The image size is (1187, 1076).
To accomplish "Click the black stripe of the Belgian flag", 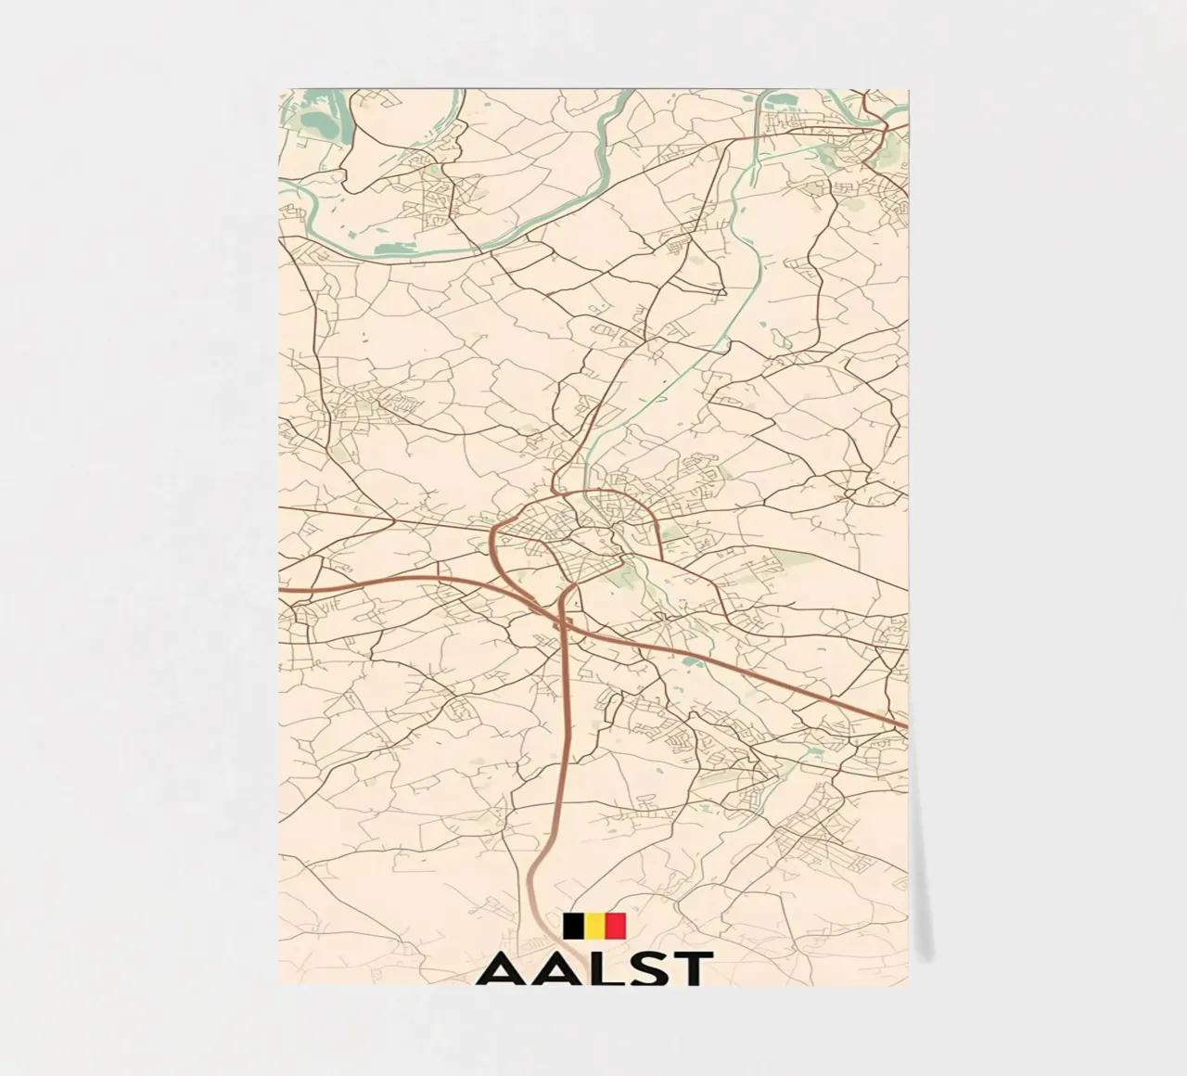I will click(x=573, y=926).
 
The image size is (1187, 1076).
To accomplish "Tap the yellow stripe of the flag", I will click(x=594, y=926).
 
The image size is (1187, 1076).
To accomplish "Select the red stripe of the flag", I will click(x=616, y=926).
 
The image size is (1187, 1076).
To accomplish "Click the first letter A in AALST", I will click(x=506, y=968).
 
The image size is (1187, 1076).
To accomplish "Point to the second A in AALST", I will click(x=560, y=968).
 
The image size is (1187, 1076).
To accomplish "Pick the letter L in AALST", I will click(x=604, y=968).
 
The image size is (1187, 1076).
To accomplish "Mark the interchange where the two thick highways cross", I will click(x=562, y=623).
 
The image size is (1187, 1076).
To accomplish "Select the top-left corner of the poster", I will click(x=279, y=90).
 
